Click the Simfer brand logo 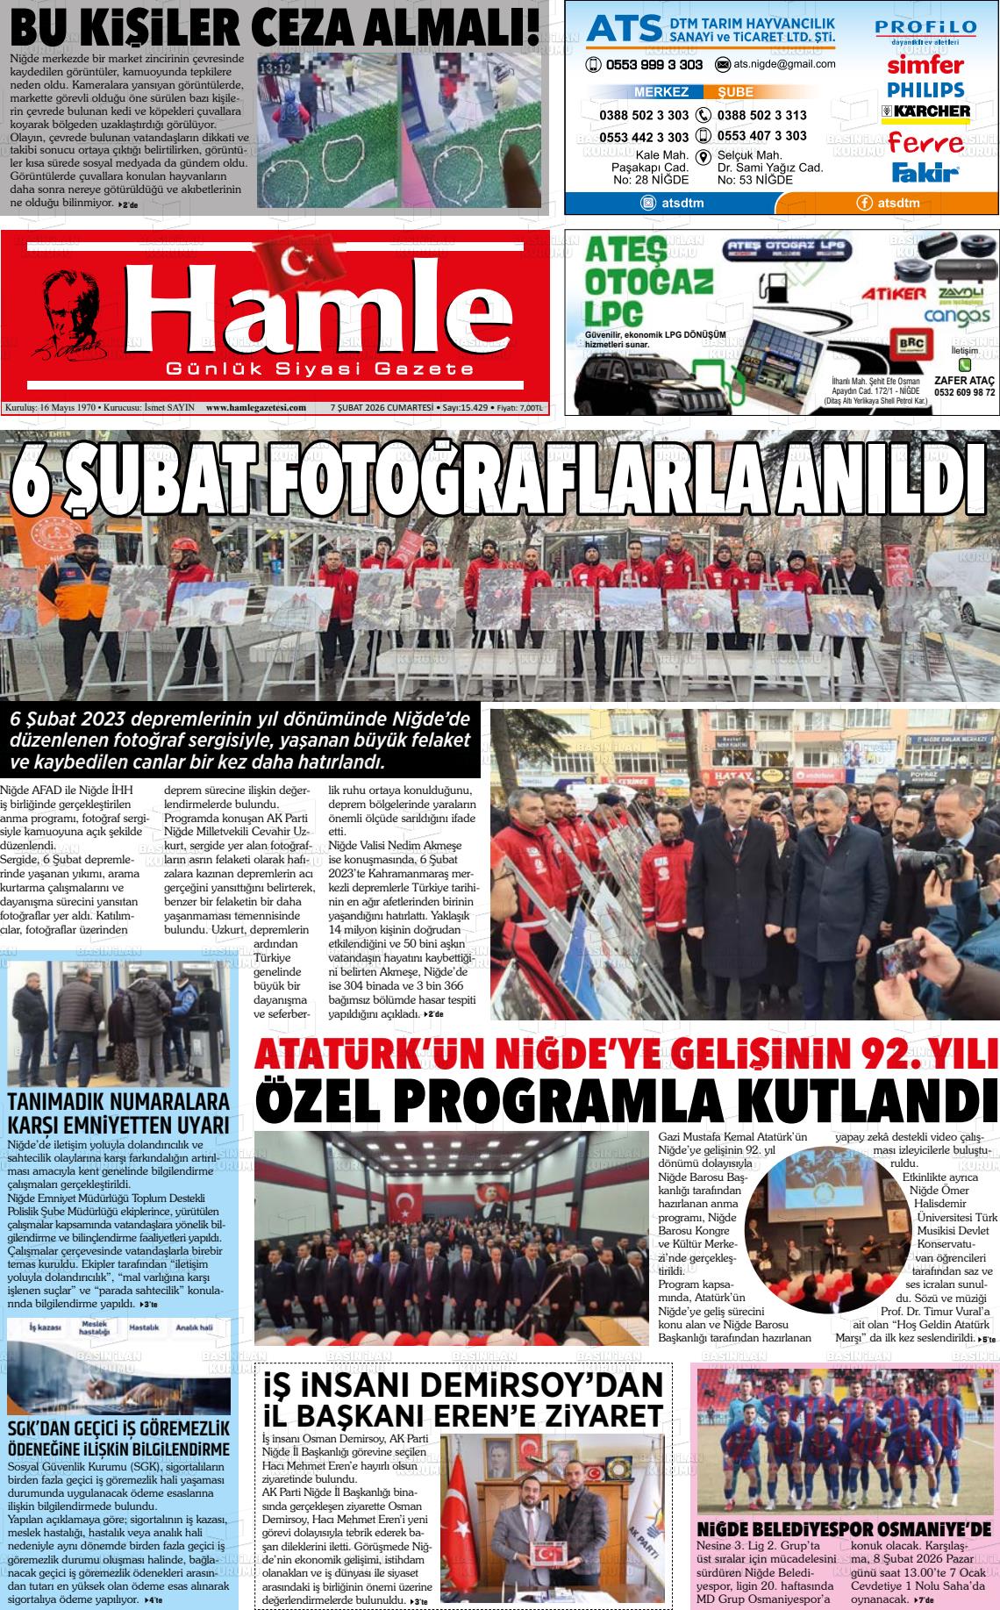tap(925, 65)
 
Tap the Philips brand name tap(925, 89)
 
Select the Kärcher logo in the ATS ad tap(925, 111)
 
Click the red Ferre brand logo tap(925, 142)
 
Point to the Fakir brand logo tap(925, 171)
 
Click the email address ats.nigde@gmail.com tap(776, 64)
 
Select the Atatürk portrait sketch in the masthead tap(71, 317)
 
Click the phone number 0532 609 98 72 tap(965, 392)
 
